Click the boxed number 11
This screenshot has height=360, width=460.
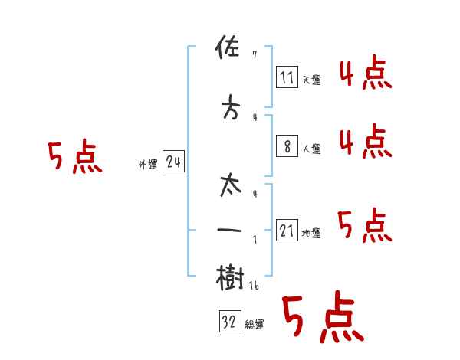coord(287,78)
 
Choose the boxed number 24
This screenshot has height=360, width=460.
coord(174,163)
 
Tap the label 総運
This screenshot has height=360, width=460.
coord(255,325)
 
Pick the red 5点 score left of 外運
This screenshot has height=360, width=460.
coord(74,158)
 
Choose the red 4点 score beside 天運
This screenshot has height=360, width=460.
coord(365,74)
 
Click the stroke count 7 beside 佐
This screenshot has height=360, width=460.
coord(255,54)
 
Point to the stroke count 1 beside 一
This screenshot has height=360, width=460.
coord(255,239)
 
